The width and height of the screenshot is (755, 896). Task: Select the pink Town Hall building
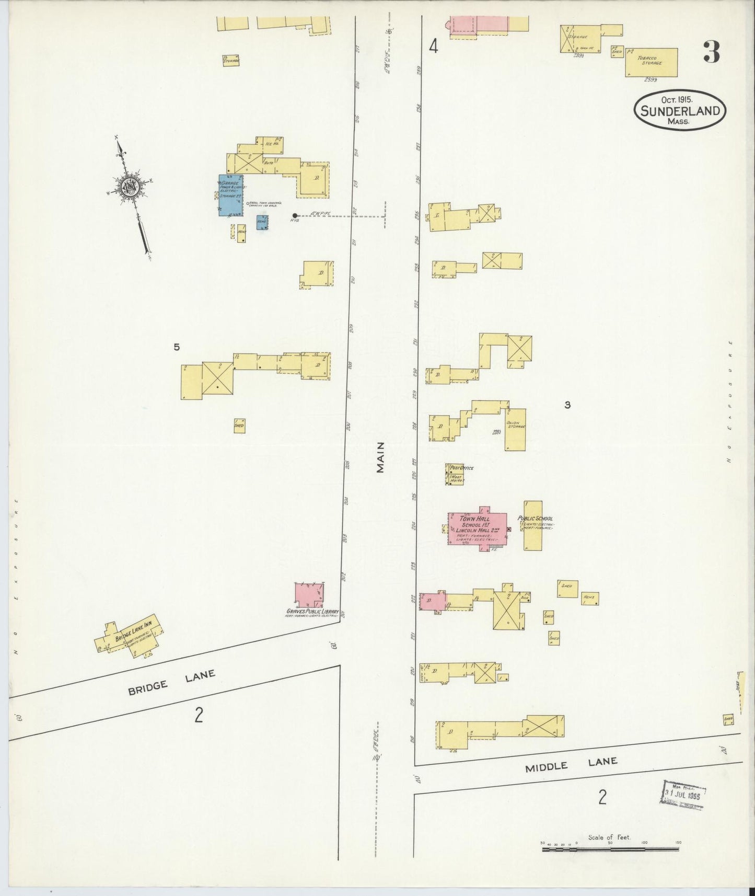click(477, 529)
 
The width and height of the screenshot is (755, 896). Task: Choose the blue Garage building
click(230, 194)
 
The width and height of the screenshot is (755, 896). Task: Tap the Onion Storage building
click(515, 429)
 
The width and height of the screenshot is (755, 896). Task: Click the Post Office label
click(462, 468)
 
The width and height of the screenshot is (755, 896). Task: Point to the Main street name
click(380, 457)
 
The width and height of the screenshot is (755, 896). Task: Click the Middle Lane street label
click(571, 764)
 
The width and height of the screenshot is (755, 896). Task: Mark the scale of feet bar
click(611, 849)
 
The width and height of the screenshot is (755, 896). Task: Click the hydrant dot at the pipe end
click(295, 215)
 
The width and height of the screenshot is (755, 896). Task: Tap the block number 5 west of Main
click(177, 347)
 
